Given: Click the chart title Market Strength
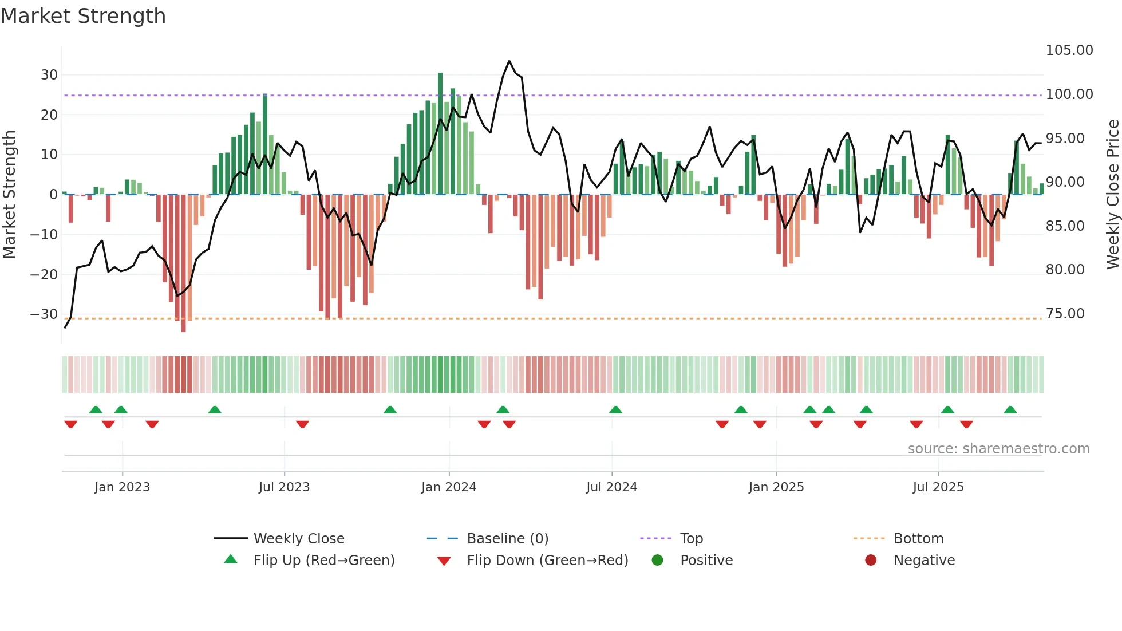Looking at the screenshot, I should (83, 16).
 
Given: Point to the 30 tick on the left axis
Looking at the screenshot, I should (49, 75).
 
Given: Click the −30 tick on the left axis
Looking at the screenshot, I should (44, 314).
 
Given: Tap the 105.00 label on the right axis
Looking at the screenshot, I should (1069, 50).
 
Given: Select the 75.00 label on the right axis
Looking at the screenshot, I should (1065, 314).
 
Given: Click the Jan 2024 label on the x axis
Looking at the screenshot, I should (448, 487).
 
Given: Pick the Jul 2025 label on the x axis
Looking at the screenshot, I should (938, 487).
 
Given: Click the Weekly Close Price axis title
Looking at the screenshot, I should (1112, 195).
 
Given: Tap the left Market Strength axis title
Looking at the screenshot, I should (10, 195).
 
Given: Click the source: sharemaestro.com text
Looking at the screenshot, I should (998, 449).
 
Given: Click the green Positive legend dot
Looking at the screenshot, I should (657, 561).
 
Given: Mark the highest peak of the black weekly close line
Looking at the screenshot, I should (509, 61).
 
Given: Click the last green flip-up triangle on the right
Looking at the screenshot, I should (1010, 410).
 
